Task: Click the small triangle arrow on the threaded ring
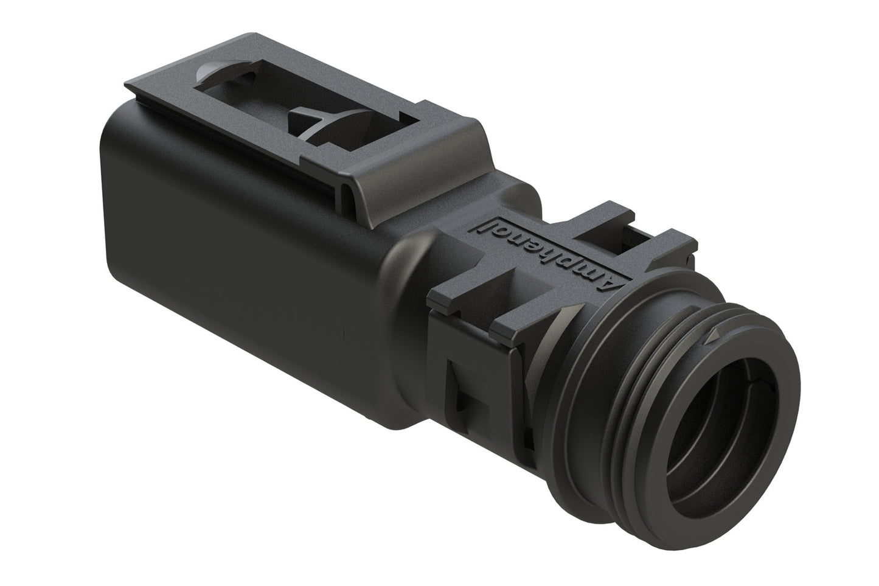click(x=713, y=334)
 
